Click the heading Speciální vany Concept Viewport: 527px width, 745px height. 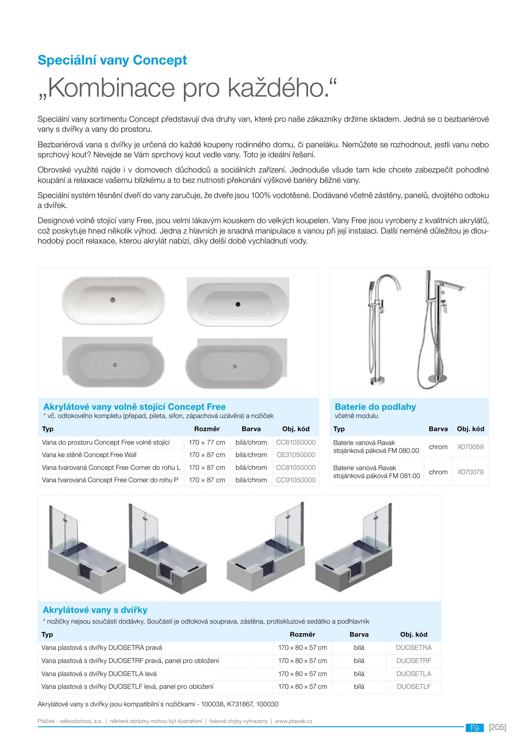pos(112,60)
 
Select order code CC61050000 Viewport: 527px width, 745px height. pos(296,442)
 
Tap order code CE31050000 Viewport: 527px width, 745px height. pos(296,455)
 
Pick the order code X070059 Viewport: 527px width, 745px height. pos(470,447)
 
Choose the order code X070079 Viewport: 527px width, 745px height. pos(470,472)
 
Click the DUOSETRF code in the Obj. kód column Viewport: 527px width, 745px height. pos(414,660)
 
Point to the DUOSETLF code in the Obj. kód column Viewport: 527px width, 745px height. pos(414,686)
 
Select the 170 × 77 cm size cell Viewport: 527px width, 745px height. pos(207,442)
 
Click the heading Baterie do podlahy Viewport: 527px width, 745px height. pos(375,407)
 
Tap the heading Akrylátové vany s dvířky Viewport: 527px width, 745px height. pos(95,610)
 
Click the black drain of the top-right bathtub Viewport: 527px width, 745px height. pos(238,304)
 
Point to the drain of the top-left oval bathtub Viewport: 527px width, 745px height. pos(112,300)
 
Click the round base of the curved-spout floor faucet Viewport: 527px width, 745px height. pos(377,380)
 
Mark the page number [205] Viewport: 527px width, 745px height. pos(497,727)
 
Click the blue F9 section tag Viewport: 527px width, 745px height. pos(475,728)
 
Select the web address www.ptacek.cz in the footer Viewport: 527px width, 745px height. pos(293,721)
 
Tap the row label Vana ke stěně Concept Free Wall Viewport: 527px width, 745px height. pos(89,455)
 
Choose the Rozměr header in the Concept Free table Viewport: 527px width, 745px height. pos(207,429)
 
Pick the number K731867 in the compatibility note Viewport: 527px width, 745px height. pos(240,704)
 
